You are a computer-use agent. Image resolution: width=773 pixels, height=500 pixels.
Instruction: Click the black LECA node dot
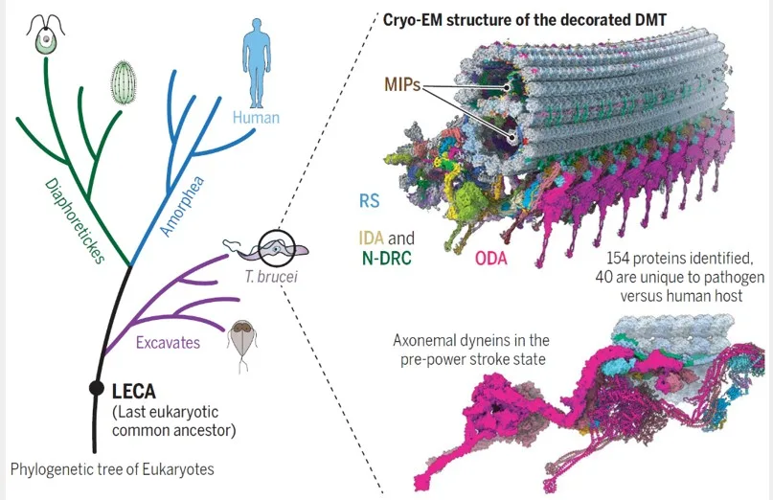(x=97, y=389)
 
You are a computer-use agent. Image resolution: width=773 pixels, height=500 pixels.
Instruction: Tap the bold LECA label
(x=134, y=392)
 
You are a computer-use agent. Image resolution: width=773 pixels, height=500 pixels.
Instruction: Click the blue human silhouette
(x=257, y=63)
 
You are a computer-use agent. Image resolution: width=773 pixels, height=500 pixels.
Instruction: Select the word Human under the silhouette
(x=256, y=118)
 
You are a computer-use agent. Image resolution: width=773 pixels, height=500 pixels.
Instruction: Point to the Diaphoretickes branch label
(x=76, y=221)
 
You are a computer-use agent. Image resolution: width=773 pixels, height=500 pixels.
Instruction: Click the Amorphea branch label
(x=182, y=206)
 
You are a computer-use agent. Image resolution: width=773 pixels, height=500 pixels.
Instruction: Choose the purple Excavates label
(x=169, y=343)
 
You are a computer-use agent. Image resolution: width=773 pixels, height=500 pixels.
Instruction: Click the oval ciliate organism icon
(x=123, y=82)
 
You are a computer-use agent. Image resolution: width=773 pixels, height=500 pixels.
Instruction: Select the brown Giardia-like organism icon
(x=241, y=345)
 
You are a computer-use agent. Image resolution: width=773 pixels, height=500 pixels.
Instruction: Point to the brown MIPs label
(x=402, y=85)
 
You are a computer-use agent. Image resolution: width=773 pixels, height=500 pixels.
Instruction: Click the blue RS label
(x=369, y=201)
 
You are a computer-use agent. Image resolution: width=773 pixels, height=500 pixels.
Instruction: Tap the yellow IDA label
(x=372, y=239)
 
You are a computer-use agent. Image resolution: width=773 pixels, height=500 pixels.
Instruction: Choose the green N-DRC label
(x=387, y=258)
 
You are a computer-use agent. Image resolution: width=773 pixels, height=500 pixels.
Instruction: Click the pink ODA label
(x=491, y=258)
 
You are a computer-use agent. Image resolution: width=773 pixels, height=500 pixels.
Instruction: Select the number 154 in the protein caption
(x=618, y=258)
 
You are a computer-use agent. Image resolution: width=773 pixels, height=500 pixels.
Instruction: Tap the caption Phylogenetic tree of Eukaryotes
(x=112, y=468)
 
